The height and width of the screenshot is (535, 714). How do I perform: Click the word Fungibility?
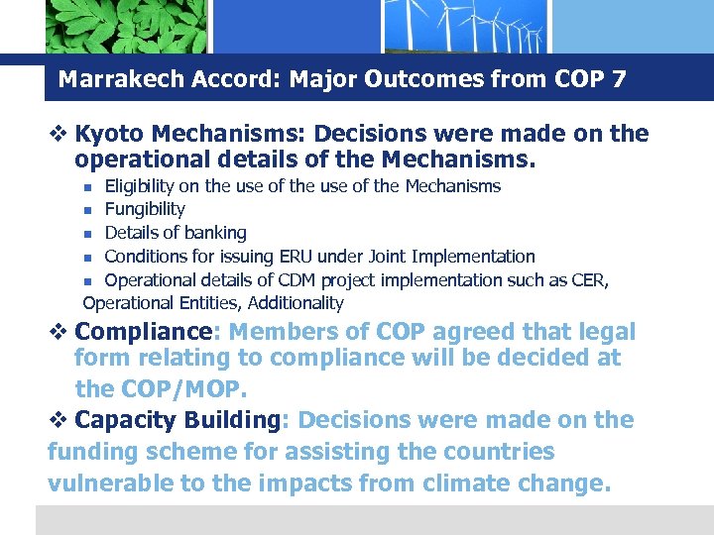click(145, 209)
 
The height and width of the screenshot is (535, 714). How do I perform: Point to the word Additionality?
click(296, 303)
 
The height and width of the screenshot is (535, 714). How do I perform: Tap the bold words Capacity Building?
click(178, 420)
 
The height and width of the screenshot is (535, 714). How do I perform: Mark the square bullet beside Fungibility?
click(88, 210)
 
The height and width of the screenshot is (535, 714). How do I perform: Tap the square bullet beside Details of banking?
click(88, 234)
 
